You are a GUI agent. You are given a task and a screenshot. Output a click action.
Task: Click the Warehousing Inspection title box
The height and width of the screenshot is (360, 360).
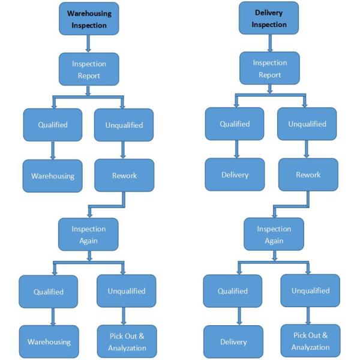coord(89,18)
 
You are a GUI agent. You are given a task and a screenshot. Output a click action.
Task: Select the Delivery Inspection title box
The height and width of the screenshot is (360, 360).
coord(268,18)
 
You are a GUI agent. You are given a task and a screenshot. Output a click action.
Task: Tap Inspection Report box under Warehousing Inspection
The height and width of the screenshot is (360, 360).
coord(89,70)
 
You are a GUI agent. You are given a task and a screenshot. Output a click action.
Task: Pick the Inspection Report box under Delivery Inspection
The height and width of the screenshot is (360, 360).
coord(269,68)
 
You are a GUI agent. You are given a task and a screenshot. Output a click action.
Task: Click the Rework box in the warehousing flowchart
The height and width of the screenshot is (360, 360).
coord(124,175)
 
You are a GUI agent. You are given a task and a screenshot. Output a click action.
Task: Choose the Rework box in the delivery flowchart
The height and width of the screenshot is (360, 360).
coord(307,175)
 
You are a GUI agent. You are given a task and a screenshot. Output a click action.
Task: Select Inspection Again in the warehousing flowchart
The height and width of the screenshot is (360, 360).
coord(89,234)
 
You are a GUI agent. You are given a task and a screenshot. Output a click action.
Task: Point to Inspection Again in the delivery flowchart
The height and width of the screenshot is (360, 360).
coord(273,234)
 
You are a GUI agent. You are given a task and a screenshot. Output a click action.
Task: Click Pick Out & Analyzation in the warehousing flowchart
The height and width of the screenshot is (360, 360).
coord(127,343)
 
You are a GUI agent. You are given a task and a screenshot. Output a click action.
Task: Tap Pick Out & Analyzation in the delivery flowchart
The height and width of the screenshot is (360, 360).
coord(310,342)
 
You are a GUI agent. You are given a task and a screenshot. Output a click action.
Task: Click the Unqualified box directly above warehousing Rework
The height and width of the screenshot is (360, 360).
coord(124,125)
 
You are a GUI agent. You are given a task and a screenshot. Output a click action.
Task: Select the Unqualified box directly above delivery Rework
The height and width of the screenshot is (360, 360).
coord(307,124)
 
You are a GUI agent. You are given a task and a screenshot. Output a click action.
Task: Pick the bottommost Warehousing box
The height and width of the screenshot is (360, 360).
coord(49,342)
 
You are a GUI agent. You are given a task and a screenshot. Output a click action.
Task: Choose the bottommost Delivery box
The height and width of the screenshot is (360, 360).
coord(233,342)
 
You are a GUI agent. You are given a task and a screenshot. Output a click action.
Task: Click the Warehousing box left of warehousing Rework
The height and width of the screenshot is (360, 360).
coord(53,176)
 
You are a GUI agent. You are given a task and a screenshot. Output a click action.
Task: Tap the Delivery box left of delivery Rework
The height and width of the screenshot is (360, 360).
coord(234,175)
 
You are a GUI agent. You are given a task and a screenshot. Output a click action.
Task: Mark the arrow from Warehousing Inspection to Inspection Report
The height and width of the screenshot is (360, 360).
coord(89,43)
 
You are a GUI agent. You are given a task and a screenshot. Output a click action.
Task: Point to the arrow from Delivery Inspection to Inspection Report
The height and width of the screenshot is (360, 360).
coord(269,43)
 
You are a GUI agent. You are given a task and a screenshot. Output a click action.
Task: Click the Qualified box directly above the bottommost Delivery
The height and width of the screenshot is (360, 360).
coord(233,291)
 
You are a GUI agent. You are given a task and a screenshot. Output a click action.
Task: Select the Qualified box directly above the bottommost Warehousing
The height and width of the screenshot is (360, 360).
coord(49,292)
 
